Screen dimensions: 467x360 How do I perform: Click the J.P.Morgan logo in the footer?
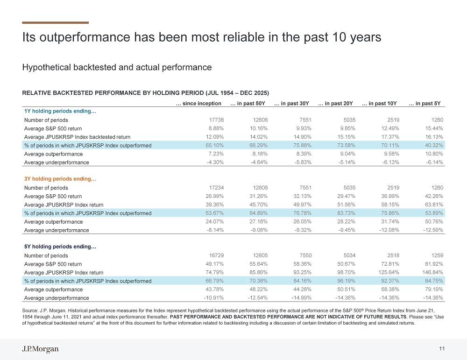tap(40, 349)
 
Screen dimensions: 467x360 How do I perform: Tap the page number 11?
tap(442, 349)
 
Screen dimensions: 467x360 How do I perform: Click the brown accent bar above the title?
tap(56, 22)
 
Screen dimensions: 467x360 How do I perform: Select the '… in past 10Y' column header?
tap(379, 103)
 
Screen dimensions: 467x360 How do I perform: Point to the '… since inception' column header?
tap(198, 103)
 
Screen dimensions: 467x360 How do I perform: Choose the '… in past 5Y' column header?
tap(425, 103)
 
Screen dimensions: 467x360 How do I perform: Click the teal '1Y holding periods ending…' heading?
tap(60, 111)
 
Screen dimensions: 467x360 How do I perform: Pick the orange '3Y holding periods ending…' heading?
tap(60, 179)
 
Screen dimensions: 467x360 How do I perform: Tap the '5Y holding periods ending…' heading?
tap(60, 247)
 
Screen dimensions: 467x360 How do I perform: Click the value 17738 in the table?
tap(217, 120)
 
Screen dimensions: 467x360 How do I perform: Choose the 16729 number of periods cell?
tap(217, 255)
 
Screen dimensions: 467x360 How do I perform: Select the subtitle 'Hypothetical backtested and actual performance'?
tap(117, 67)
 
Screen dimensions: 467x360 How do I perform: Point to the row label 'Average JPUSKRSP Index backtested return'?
tap(77, 137)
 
